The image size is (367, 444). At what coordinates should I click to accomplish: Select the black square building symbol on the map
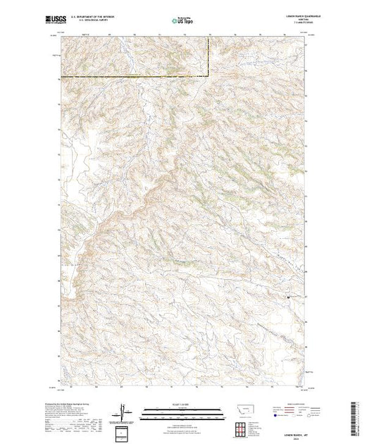pos(288,297)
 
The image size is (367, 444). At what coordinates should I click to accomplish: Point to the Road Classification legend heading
pos(289,403)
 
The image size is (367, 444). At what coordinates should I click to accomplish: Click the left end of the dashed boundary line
pos(61,75)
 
